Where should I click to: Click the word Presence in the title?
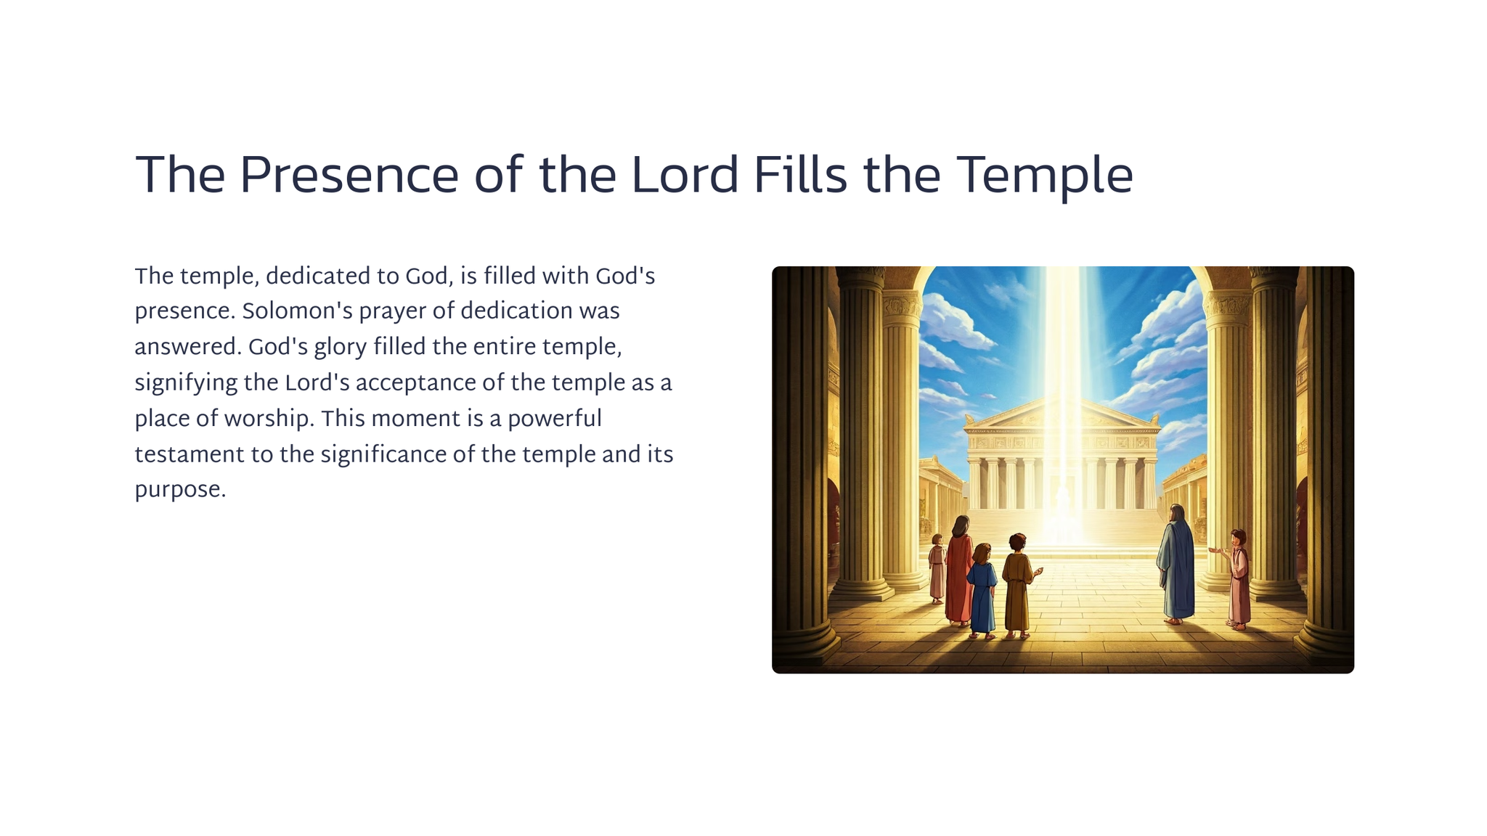pos(349,176)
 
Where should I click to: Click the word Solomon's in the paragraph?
pos(298,311)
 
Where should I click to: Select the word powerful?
pos(555,419)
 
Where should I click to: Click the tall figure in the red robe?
pos(959,570)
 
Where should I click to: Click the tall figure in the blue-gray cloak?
pos(1176,565)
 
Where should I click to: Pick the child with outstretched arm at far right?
pos(1237,579)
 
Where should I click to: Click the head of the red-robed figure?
pos(962,525)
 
